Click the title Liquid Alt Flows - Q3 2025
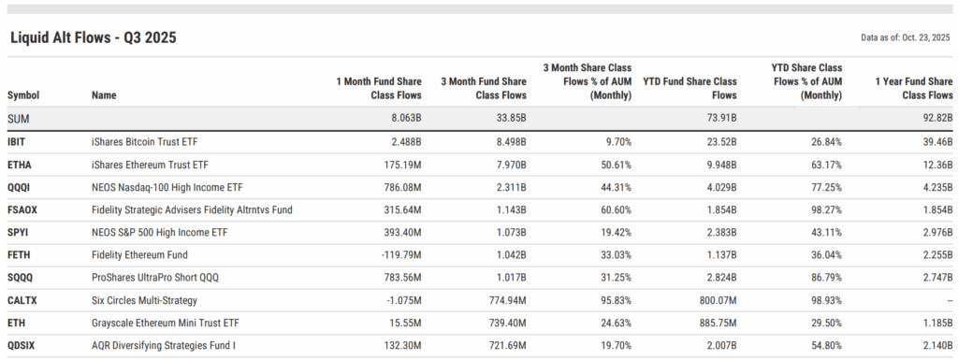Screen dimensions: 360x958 tap(93, 37)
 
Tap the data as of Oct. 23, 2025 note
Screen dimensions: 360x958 tap(906, 37)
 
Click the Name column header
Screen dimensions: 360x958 tap(106, 95)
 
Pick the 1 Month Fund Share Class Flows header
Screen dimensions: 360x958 tap(379, 88)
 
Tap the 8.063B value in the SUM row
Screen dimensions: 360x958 tap(402, 119)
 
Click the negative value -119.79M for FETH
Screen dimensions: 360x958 tap(400, 255)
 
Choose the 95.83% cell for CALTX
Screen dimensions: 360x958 tap(614, 300)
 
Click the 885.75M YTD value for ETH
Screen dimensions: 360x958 tap(714, 324)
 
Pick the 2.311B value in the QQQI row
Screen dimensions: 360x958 tap(508, 187)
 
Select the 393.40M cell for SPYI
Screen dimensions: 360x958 tap(399, 233)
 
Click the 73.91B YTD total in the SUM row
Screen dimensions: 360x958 tap(718, 119)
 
